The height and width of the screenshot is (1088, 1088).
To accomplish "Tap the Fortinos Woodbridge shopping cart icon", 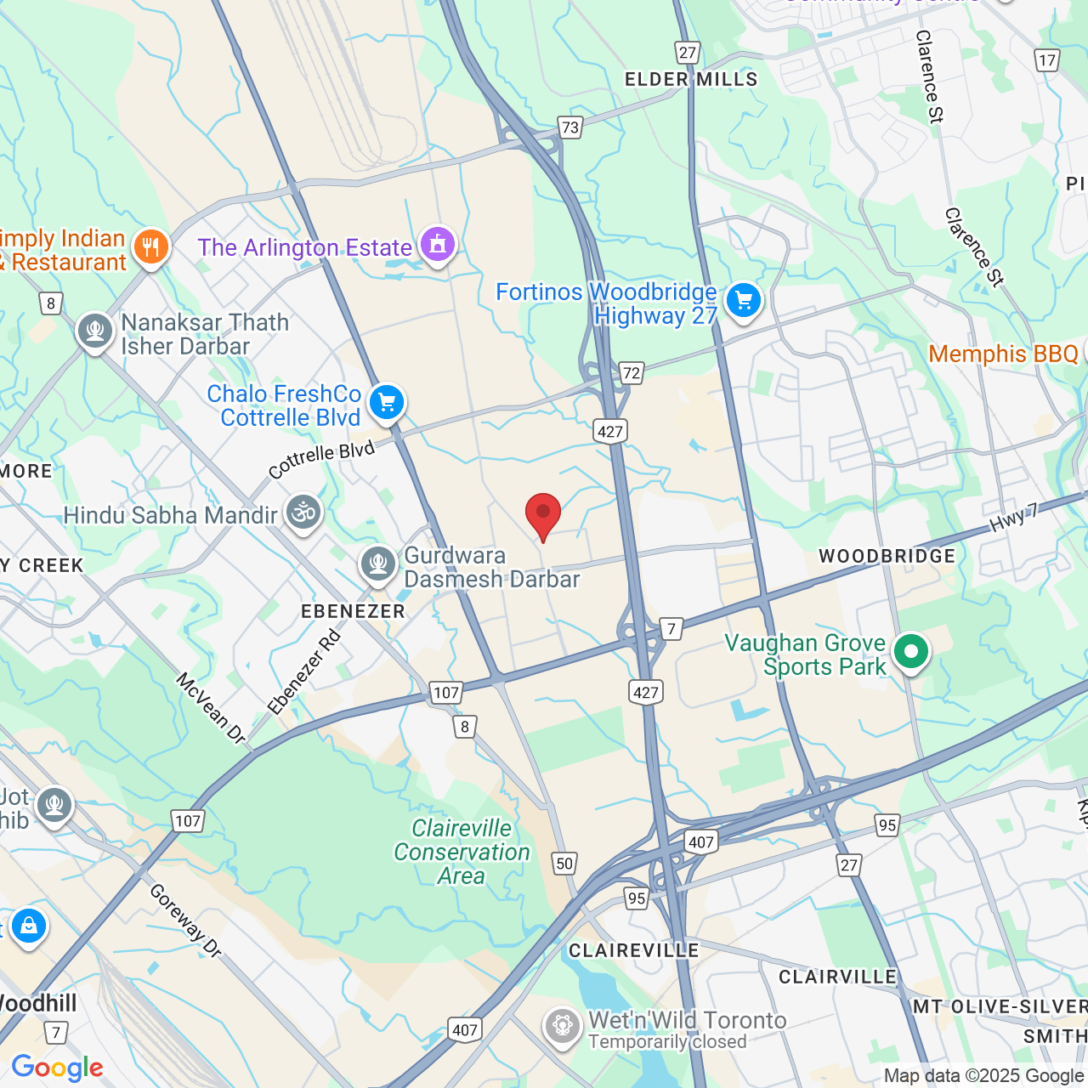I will coord(744,300).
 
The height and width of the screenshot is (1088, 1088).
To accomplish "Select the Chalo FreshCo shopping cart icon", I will coord(387,402).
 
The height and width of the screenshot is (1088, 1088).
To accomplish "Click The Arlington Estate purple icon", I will coord(438,245).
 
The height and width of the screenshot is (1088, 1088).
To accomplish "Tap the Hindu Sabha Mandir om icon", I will coord(303,512).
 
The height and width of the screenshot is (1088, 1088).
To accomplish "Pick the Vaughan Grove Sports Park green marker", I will coord(911,652).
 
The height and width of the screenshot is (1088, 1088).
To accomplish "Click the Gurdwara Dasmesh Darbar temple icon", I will coord(377,563).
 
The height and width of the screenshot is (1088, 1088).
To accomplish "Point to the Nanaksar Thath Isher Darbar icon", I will coord(95,331).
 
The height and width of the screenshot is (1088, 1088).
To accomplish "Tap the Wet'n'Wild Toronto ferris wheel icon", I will coord(563,1026).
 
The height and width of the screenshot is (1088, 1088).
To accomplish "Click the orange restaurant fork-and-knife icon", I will coord(151,247).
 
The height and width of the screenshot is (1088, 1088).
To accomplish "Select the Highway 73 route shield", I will coord(569,127).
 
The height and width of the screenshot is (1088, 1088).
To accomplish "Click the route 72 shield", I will coord(631,372).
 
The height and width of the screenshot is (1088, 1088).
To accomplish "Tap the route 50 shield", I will coord(564,864).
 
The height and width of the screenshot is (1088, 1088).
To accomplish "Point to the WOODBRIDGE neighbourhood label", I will coord(887,556).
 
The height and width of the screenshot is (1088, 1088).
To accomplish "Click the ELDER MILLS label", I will coord(691,79).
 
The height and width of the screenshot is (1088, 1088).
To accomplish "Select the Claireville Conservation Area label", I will coord(462,852).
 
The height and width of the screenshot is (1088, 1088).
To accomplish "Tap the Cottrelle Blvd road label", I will coord(321,460).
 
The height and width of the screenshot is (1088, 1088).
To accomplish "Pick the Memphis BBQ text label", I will coord(1003,354).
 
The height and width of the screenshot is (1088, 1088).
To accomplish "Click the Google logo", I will coord(57,1068).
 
